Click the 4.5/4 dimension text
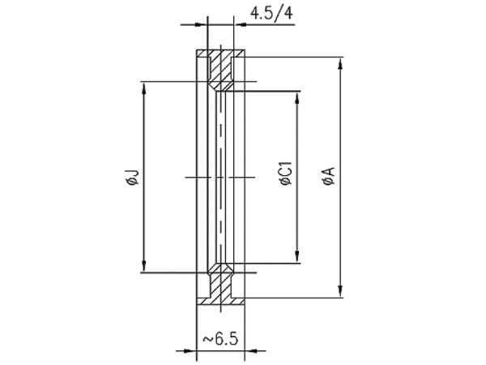tap(271, 14)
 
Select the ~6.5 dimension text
tap(221, 339)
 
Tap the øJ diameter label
tap(132, 178)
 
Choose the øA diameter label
tap(329, 176)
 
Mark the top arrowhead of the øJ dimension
tap(143, 88)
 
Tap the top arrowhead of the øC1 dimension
tap(297, 98)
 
